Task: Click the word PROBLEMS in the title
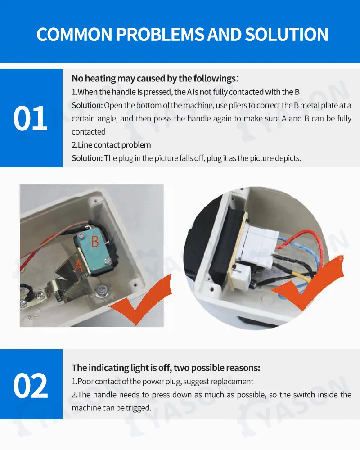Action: [x=161, y=35]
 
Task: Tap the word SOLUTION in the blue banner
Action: [x=286, y=35]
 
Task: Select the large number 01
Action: [x=31, y=118]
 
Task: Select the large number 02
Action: [x=31, y=386]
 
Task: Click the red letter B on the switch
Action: [x=95, y=242]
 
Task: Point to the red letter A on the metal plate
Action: [x=78, y=265]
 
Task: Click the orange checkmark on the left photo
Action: [x=141, y=300]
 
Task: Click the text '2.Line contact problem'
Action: [x=111, y=145]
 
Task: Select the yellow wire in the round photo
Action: [x=298, y=276]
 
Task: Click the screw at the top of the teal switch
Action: [x=82, y=236]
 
